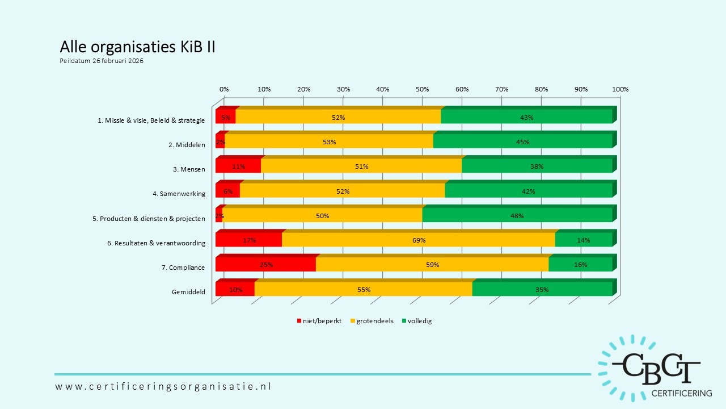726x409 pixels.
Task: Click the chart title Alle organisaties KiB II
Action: click(x=137, y=47)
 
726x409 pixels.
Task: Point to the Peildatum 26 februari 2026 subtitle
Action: click(x=102, y=61)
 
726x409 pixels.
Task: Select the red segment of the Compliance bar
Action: click(x=265, y=265)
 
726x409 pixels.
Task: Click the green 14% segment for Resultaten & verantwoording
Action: click(x=583, y=240)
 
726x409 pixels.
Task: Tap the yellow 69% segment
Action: click(x=419, y=240)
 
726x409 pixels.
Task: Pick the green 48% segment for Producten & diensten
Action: click(x=517, y=216)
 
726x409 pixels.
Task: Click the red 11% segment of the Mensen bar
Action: click(x=238, y=166)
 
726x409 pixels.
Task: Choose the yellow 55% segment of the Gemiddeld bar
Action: click(x=364, y=290)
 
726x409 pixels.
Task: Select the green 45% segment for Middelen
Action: click(x=522, y=142)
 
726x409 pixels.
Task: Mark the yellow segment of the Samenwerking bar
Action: click(x=343, y=191)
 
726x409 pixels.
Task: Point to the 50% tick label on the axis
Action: click(x=422, y=89)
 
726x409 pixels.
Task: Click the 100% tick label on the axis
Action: click(x=621, y=89)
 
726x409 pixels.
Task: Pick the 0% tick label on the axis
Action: click(x=224, y=89)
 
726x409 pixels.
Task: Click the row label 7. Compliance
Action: click(x=187, y=268)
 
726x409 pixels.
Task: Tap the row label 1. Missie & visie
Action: click(x=151, y=120)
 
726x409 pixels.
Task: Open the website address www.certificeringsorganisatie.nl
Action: click(x=163, y=386)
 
